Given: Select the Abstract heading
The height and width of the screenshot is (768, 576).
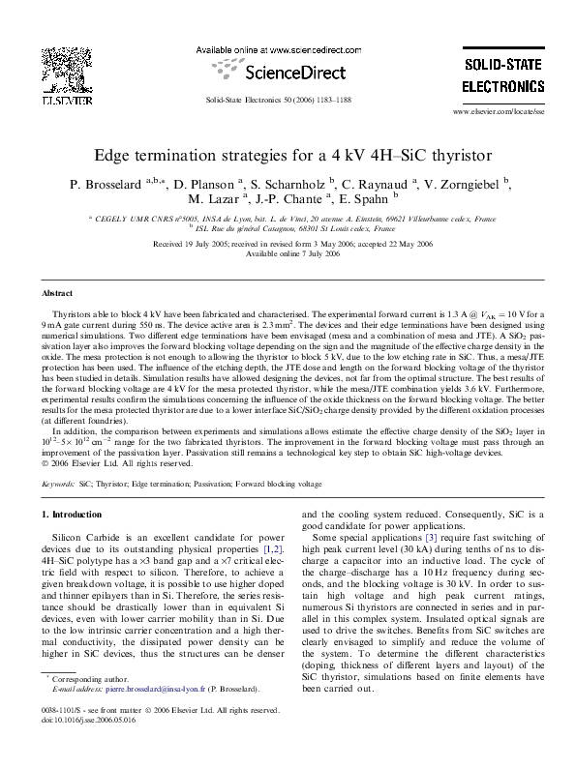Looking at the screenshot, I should [56, 292].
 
